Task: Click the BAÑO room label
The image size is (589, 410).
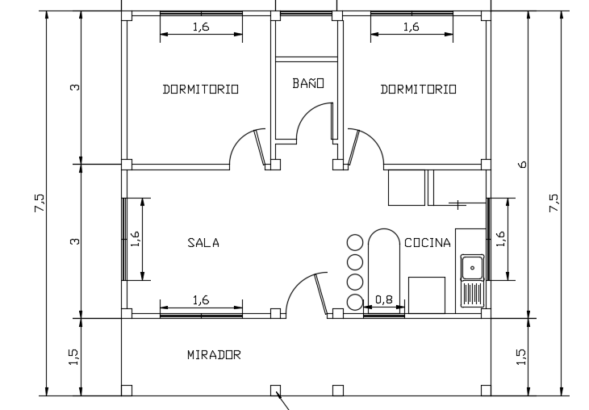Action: (308, 83)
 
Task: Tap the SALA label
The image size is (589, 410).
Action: (203, 242)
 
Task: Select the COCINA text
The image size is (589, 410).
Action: (427, 242)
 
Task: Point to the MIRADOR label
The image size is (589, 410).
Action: (214, 354)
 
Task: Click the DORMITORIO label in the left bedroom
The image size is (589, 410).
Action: (200, 90)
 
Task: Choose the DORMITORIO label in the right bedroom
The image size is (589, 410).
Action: (418, 90)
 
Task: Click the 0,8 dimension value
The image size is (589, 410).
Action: (384, 299)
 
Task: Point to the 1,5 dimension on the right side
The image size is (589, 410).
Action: (520, 355)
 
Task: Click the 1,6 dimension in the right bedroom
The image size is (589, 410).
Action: (411, 27)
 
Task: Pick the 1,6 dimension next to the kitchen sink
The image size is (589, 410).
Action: (500, 238)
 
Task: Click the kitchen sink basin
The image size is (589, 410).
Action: (471, 267)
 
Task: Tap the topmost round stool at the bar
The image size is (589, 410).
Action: (354, 241)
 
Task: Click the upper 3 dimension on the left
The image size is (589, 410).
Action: (74, 88)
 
